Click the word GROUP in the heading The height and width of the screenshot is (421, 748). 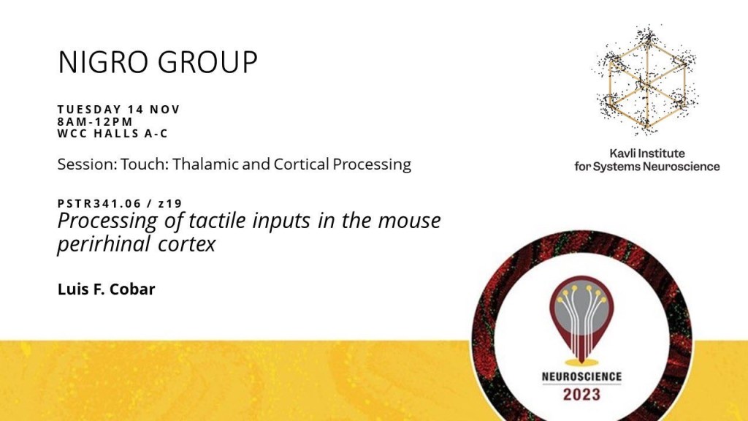coord(207,61)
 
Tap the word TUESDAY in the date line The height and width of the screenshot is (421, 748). coord(89,110)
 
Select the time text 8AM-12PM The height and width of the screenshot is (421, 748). coord(95,122)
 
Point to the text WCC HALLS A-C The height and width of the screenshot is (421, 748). coord(112,134)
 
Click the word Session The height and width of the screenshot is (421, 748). coord(87,164)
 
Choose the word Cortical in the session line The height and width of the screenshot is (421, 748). coord(302,164)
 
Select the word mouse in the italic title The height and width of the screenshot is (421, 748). coord(410,221)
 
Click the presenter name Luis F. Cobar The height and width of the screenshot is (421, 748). coord(107,289)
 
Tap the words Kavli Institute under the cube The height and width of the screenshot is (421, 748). coord(647,153)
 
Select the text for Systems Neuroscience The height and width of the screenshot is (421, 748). coord(647,167)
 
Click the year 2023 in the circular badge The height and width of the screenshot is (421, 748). coord(581,395)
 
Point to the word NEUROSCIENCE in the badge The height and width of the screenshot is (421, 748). coord(581,377)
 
